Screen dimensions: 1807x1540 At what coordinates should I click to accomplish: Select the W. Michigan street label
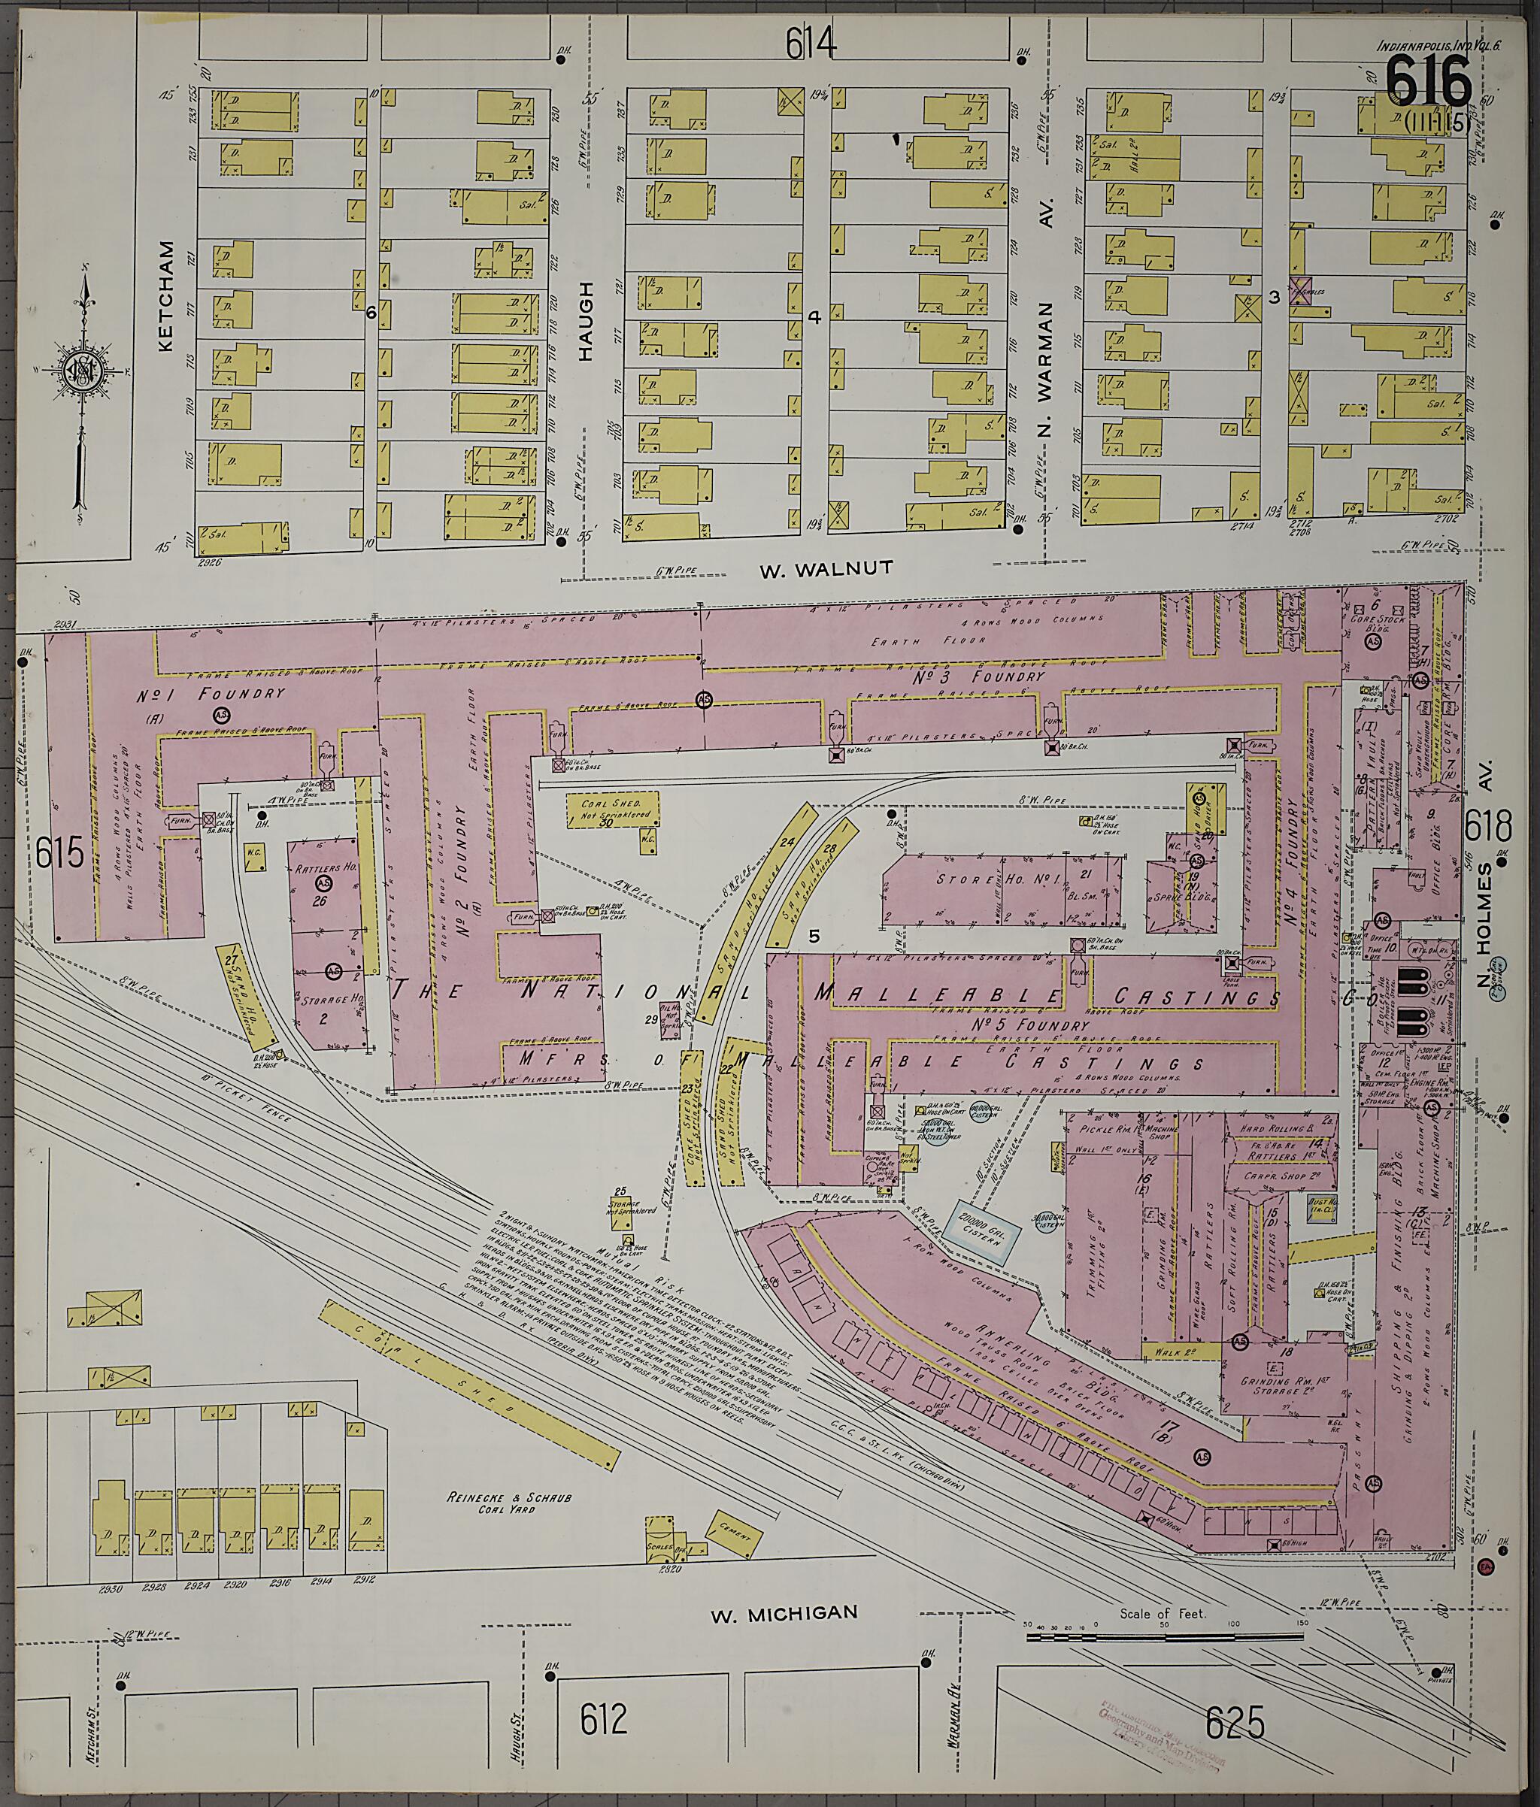pos(784,1613)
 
